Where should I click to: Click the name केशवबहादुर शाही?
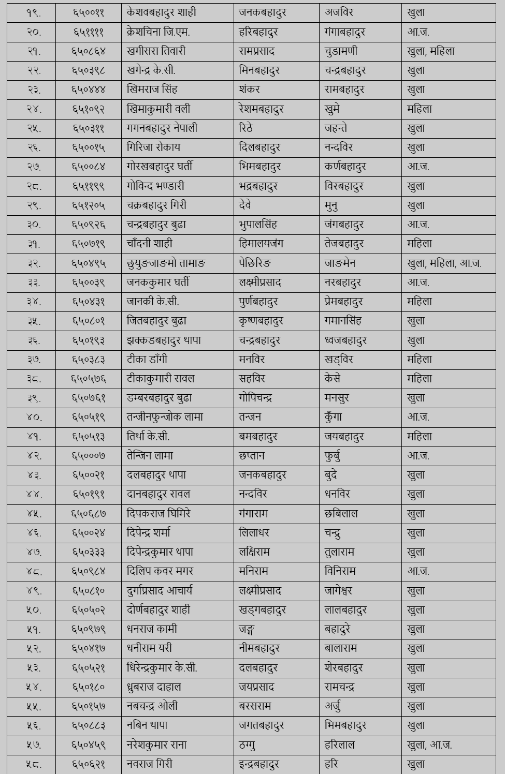pos(161,12)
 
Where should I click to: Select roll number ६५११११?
pos(89,32)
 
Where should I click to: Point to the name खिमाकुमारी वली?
pos(158,109)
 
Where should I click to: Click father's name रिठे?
pos(246,128)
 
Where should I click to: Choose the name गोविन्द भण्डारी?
pos(155,186)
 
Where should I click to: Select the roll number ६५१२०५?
pos(89,205)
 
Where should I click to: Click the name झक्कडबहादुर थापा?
pos(164,340)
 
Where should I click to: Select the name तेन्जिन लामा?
pos(150,456)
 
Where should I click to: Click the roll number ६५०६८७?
pos(89,514)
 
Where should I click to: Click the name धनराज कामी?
pos(152,629)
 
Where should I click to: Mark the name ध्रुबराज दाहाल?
pos(154,687)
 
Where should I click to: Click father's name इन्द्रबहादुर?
pos(259,764)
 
